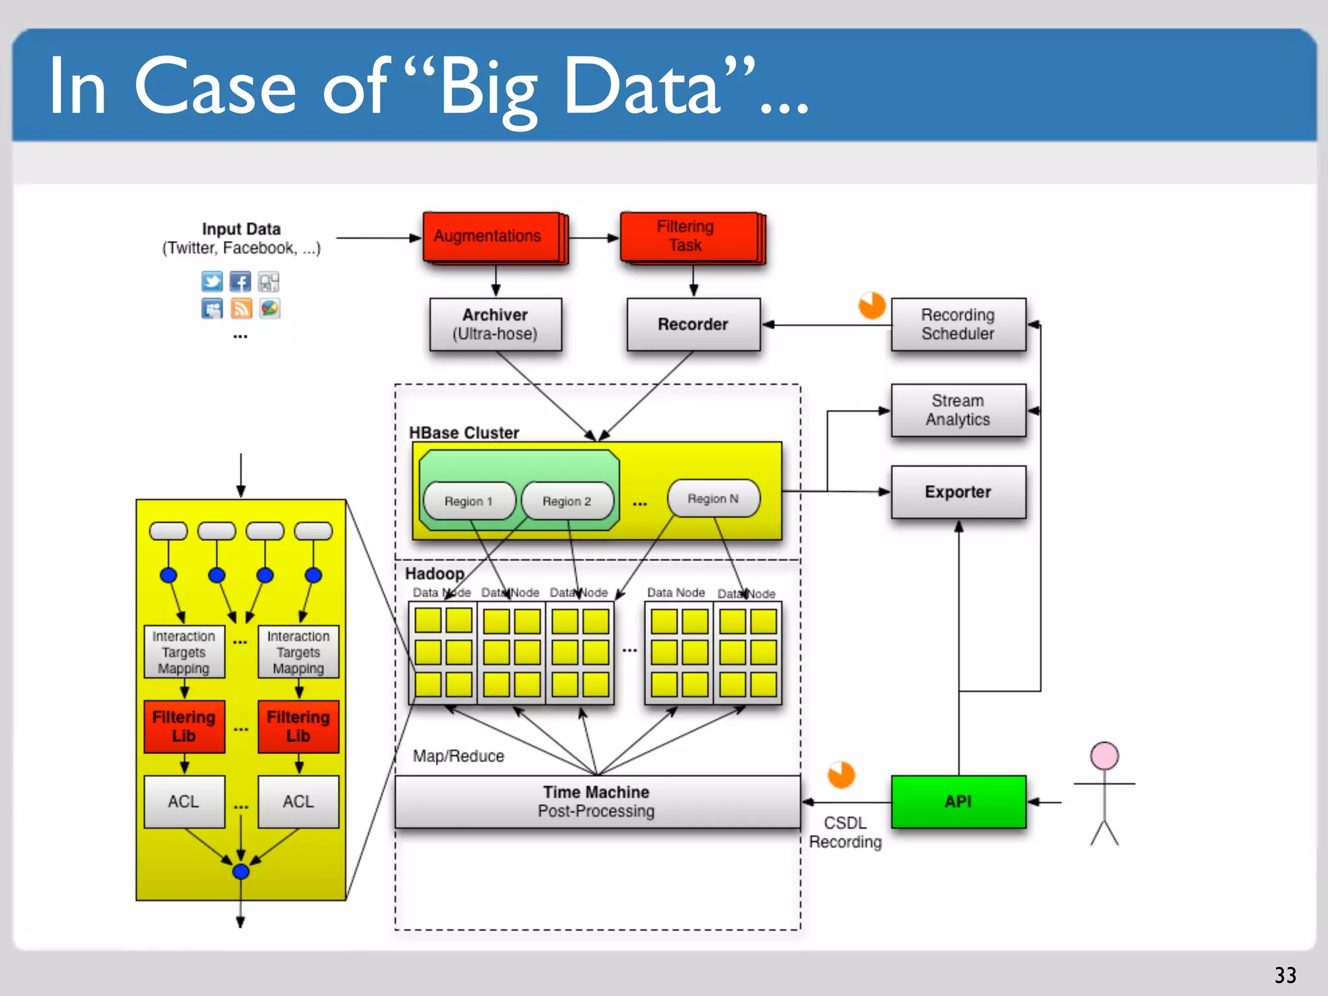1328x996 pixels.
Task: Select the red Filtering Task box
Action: [x=689, y=237]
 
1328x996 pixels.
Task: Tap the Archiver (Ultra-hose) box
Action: [x=495, y=324]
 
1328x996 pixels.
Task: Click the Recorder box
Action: [x=693, y=324]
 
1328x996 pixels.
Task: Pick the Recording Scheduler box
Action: [x=958, y=324]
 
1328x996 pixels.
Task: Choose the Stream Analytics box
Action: [x=958, y=410]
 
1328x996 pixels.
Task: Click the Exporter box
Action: [x=958, y=492]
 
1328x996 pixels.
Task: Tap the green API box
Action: [x=958, y=801]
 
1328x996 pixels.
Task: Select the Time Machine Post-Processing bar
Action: [x=597, y=801]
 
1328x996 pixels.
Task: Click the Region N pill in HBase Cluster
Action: [x=713, y=499]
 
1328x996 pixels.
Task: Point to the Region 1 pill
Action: [x=469, y=501]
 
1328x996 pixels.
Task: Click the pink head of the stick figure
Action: [x=1104, y=756]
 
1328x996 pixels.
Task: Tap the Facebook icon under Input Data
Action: [x=241, y=281]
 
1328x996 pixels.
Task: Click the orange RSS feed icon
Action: [x=241, y=309]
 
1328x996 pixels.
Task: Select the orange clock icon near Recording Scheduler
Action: [x=871, y=305]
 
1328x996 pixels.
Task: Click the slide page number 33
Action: [x=1285, y=975]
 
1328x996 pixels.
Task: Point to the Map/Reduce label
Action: [x=458, y=756]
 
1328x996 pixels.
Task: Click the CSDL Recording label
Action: [x=845, y=833]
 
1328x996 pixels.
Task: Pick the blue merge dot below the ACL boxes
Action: [x=241, y=871]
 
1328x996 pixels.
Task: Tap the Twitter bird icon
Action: [x=211, y=281]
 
